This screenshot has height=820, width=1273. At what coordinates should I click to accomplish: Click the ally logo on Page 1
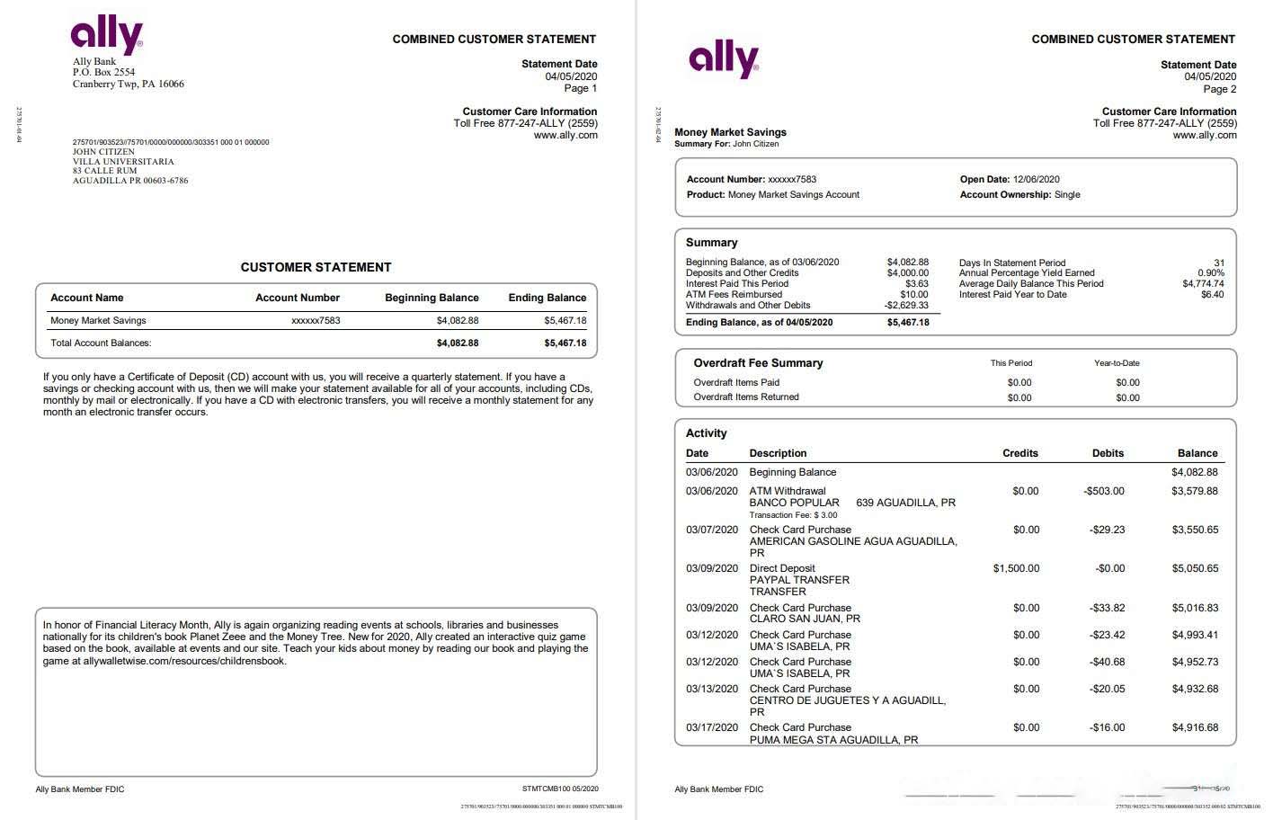tap(107, 35)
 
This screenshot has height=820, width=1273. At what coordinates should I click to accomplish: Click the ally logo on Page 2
tap(724, 59)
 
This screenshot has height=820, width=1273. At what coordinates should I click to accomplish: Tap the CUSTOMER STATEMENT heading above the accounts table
tap(316, 267)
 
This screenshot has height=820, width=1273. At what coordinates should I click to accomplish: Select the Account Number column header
tap(298, 298)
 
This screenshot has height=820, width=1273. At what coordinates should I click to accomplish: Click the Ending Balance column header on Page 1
tap(547, 298)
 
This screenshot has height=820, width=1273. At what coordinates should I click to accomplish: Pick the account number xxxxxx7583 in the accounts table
tap(316, 320)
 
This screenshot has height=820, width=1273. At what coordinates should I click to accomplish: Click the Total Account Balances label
tap(101, 343)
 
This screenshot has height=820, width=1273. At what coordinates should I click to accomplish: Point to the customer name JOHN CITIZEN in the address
tap(103, 152)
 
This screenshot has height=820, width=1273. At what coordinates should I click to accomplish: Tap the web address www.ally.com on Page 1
tap(565, 135)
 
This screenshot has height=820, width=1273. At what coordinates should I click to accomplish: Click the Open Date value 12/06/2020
tap(1036, 179)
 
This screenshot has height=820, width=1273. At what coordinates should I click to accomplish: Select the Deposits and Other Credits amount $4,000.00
tap(907, 272)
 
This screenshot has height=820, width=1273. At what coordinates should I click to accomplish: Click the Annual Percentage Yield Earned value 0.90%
tap(1210, 272)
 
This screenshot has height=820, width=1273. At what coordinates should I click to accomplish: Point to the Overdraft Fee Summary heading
tap(758, 363)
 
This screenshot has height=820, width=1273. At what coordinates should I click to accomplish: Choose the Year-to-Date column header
tap(1117, 363)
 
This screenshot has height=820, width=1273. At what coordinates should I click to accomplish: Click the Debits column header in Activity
tap(1108, 453)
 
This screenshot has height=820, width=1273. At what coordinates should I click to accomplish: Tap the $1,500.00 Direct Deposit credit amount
tap(1016, 568)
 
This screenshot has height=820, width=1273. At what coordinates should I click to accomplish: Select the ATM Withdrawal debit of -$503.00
tap(1104, 491)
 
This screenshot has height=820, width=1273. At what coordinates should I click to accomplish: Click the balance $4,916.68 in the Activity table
tap(1195, 727)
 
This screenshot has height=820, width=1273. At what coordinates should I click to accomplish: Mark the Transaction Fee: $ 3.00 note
tap(793, 515)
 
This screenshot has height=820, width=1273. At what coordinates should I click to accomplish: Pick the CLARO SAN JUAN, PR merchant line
tap(805, 619)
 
